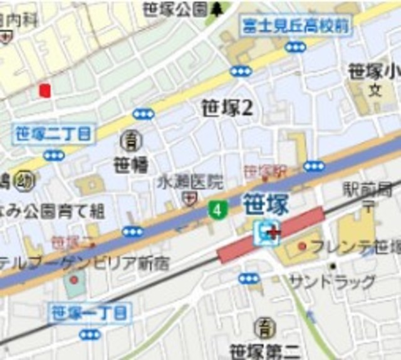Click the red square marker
[44, 90]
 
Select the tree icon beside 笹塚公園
[217, 9]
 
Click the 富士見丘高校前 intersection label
[296, 26]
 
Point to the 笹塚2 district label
[227, 109]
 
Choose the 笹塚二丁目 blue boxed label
[53, 133]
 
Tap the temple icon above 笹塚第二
[264, 327]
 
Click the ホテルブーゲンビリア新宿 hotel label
[84, 262]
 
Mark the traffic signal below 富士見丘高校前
[295, 47]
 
